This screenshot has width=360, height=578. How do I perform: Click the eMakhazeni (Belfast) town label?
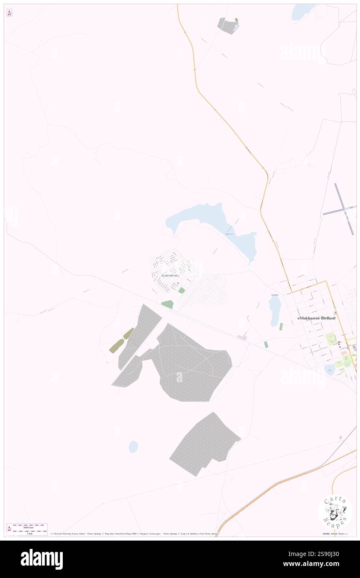[x=316, y=318]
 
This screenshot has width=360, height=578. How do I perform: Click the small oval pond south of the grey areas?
[x=133, y=447]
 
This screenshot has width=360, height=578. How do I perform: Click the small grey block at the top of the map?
[x=227, y=26]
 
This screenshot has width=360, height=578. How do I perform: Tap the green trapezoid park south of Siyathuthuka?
[x=168, y=304]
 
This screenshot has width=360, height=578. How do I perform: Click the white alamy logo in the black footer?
[x=42, y=559]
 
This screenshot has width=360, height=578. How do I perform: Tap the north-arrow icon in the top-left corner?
[x=9, y=12]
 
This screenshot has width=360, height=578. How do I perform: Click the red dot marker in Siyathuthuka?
[x=178, y=284]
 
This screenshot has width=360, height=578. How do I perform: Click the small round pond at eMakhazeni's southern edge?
[x=329, y=369]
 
